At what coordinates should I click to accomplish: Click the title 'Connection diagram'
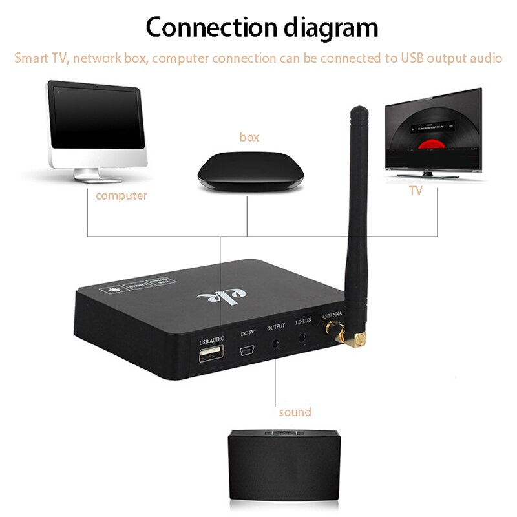click(261, 28)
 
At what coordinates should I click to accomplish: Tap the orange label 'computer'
click(121, 195)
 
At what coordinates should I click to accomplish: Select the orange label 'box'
click(249, 137)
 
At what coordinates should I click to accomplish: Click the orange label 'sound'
click(295, 412)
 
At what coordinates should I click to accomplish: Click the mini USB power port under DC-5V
click(246, 353)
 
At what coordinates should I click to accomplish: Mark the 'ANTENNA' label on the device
click(329, 316)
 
